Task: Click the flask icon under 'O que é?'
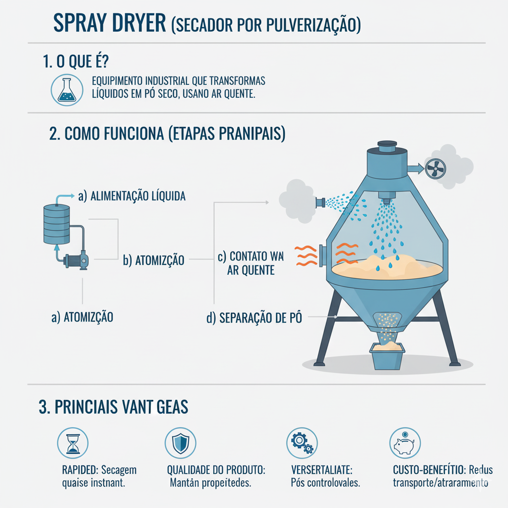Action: (66, 90)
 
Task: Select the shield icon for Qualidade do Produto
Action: (179, 442)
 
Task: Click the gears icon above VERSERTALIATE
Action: (302, 442)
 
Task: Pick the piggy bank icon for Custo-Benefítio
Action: (404, 442)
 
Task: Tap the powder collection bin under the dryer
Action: (387, 356)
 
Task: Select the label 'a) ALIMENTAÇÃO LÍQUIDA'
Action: (132, 196)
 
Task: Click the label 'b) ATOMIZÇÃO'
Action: (153, 259)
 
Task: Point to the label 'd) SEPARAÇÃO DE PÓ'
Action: (254, 317)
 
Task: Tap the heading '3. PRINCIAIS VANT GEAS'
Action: (114, 407)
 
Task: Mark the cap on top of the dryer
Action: (387, 146)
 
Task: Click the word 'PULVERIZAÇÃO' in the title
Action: (303, 25)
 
